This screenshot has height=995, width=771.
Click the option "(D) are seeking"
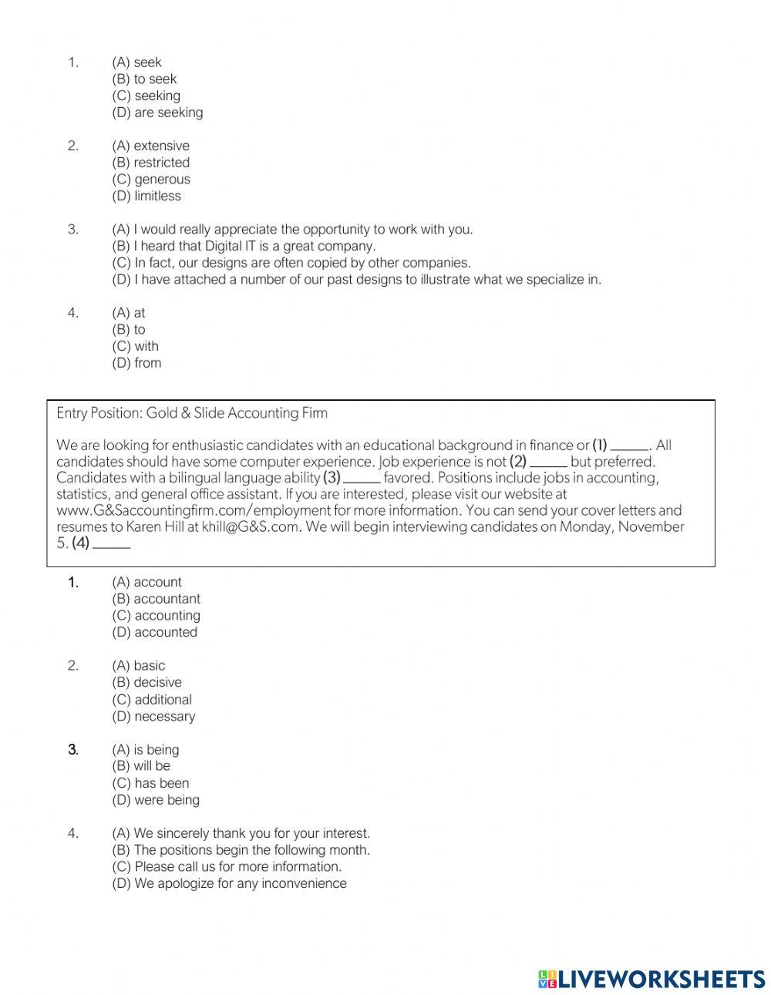coord(157,113)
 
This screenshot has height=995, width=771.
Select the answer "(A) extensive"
coord(150,146)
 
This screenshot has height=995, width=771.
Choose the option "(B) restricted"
coord(150,163)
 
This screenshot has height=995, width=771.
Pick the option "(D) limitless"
coord(146,196)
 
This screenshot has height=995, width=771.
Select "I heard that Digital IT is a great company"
coord(244,246)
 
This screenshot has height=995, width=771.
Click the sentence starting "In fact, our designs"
coord(291,263)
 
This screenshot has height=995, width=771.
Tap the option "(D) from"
coord(136,363)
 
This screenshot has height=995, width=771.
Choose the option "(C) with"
coord(135,346)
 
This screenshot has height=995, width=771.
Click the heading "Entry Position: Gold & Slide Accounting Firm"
coord(192,413)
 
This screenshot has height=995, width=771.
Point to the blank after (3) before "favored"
coord(362,479)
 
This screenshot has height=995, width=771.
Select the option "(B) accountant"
coord(156,599)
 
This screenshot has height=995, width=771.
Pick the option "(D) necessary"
coord(153,716)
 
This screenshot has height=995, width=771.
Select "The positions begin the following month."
coord(241,850)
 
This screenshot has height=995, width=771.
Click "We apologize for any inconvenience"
coord(229,883)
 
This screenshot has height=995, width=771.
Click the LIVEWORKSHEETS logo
coord(651,979)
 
